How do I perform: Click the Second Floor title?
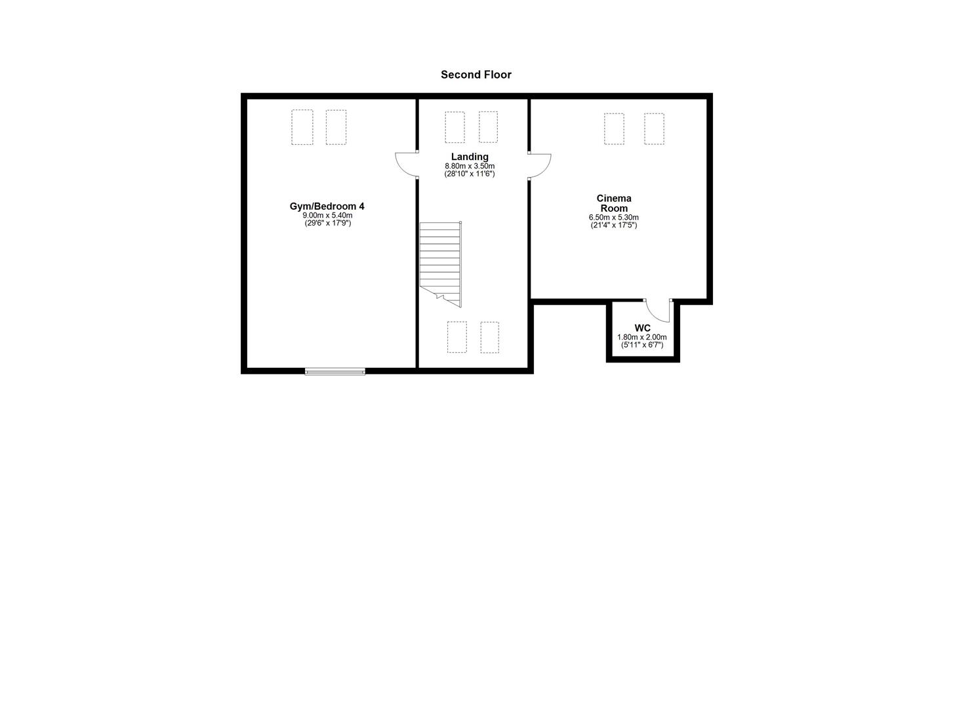pos(476,75)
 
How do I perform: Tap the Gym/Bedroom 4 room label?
pos(327,206)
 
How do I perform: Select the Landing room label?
pos(470,157)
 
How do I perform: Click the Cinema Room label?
pos(614,203)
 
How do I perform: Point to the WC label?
pos(642,328)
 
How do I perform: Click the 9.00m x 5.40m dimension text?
pos(327,216)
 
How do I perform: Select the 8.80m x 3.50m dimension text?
pos(470,166)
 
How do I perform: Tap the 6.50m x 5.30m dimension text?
pos(614,218)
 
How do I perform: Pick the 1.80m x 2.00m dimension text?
pos(642,337)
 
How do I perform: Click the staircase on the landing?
pos(441,262)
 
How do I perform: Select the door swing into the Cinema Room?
pos(540,165)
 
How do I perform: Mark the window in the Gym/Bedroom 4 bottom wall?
pos(335,372)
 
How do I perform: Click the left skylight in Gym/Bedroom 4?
pos(302,127)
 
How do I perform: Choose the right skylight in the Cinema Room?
pos(654,128)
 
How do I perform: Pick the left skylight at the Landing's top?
pos(455,127)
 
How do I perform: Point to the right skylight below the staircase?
pos(489,337)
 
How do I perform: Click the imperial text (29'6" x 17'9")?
pos(327,224)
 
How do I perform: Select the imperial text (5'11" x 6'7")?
pos(642,345)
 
